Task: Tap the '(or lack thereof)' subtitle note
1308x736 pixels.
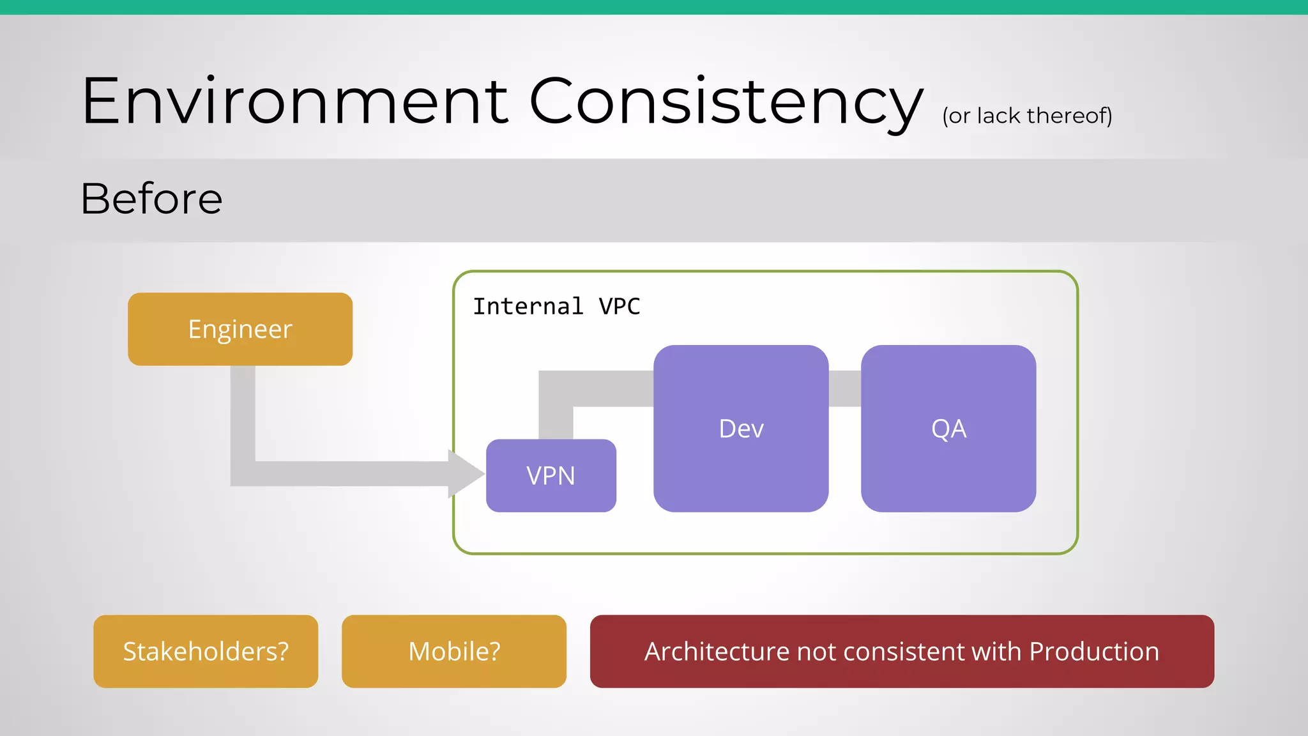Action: (1027, 116)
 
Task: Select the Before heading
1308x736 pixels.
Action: (151, 199)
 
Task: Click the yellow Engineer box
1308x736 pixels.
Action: (240, 329)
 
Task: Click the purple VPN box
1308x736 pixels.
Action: (551, 475)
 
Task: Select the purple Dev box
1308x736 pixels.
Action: (741, 428)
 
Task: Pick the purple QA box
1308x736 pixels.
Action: (948, 428)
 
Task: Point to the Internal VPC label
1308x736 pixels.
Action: (556, 307)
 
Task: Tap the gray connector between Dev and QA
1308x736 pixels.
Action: (844, 388)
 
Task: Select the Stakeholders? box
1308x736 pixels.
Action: (206, 651)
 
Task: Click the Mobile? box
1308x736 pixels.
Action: (453, 651)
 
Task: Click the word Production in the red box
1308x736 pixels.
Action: (1094, 651)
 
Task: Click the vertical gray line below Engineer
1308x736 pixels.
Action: (243, 415)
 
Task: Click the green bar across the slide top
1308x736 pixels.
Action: (654, 7)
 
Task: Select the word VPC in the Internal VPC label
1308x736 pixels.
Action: (619, 307)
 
